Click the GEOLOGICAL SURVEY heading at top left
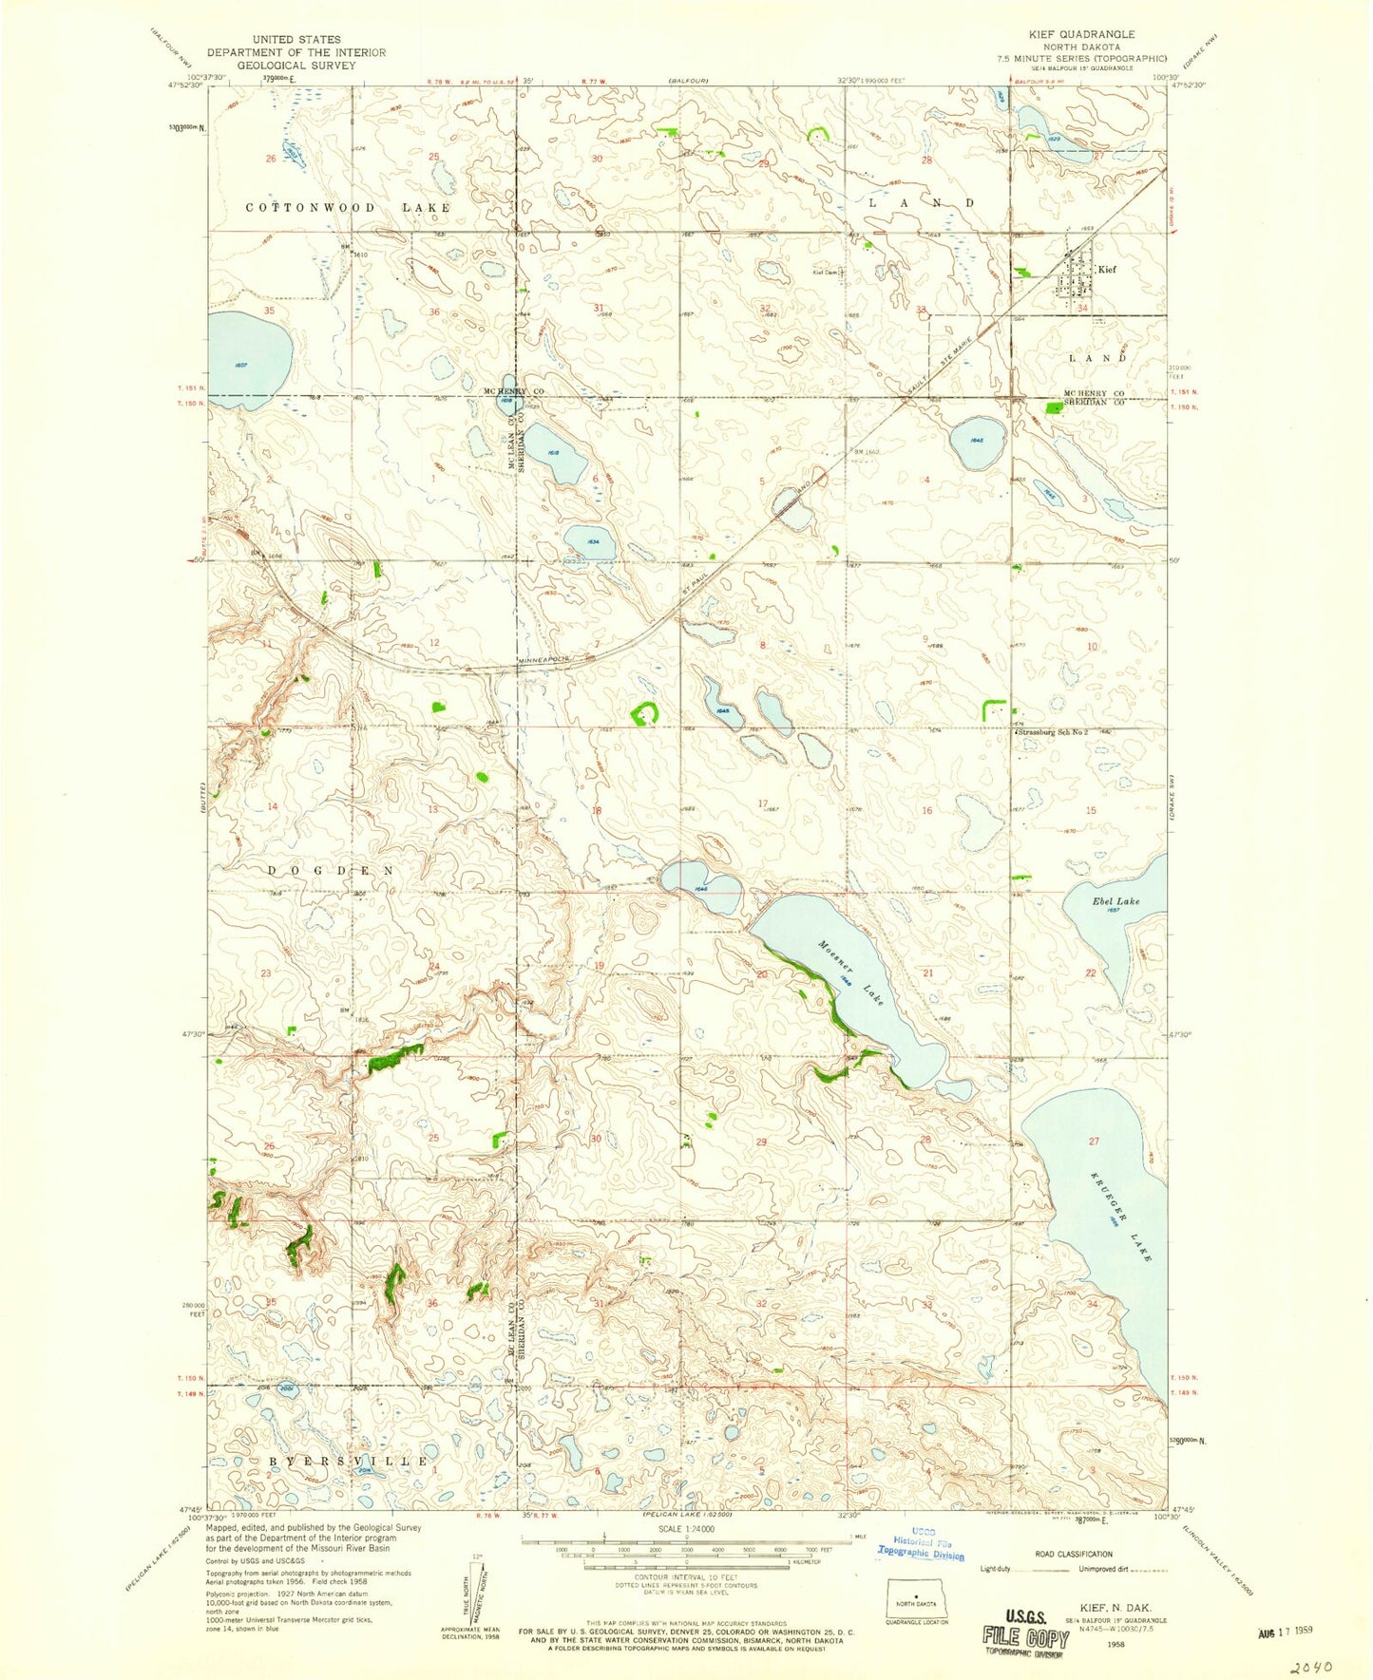coord(296,66)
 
